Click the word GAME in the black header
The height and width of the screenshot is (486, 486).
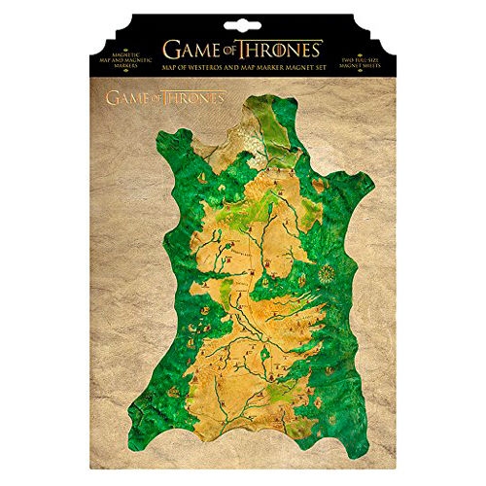point(193,49)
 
